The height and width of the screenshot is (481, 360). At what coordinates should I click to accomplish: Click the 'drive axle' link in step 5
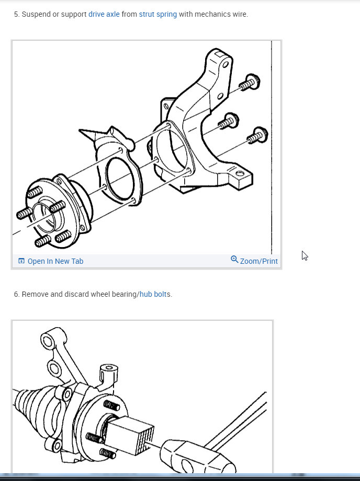point(104,14)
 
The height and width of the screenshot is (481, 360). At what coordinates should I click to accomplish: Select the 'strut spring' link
point(157,14)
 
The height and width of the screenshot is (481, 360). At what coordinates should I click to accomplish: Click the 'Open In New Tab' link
point(55,261)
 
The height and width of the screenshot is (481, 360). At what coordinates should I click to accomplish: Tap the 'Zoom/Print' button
point(258,261)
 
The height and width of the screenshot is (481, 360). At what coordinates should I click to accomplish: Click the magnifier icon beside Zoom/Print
point(234,260)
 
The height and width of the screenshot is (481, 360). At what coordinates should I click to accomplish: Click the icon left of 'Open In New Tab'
point(21,261)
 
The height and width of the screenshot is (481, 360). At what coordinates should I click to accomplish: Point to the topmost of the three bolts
point(250,83)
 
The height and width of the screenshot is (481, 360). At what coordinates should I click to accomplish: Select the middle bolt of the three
point(228,121)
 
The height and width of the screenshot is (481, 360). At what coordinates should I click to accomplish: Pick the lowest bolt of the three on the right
point(257,136)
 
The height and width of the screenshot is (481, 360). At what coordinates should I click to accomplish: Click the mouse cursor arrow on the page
point(305,255)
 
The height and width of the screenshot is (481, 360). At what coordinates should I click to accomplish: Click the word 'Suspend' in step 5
point(36,14)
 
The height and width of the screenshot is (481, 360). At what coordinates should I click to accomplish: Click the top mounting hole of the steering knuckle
point(226,64)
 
